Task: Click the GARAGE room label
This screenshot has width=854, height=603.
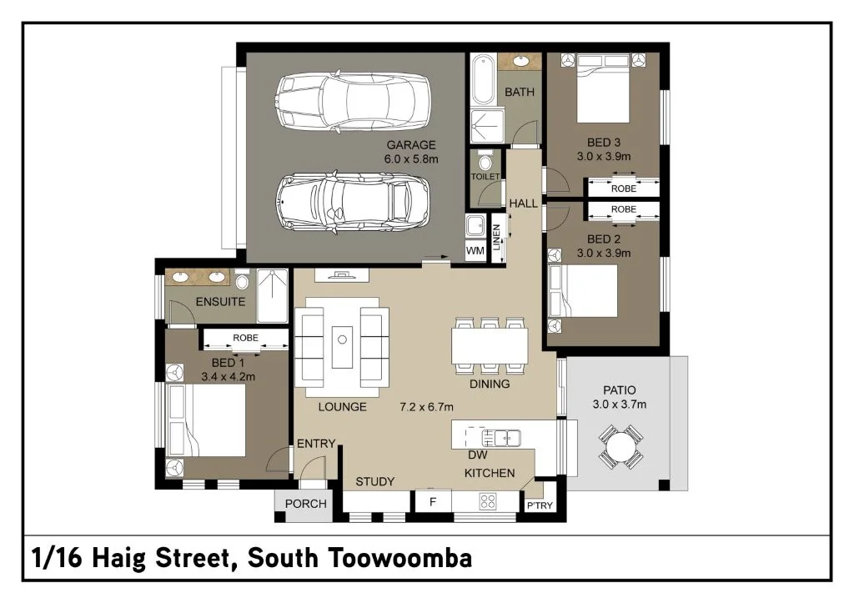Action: (x=411, y=145)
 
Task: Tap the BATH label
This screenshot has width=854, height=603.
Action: (x=519, y=92)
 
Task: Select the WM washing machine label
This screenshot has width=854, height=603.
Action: (x=475, y=250)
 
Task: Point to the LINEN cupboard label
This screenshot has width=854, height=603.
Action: (x=496, y=238)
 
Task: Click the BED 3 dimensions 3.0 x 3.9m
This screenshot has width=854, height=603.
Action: (x=604, y=156)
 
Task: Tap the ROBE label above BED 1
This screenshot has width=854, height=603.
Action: (x=246, y=338)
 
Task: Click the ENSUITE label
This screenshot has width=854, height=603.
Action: (x=220, y=302)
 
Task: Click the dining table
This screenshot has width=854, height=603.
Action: (x=490, y=346)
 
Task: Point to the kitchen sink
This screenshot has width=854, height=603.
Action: (x=501, y=437)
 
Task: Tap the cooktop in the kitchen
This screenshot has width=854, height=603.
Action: (x=487, y=501)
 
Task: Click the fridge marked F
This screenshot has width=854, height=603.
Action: (x=433, y=502)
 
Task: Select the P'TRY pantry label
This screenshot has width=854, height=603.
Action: (x=540, y=505)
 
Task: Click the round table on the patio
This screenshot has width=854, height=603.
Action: (x=620, y=448)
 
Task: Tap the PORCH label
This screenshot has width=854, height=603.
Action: (x=306, y=504)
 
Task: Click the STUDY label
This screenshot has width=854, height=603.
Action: (x=374, y=481)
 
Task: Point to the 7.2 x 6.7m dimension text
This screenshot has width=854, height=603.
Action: (x=426, y=407)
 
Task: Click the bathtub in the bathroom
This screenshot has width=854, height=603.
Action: (x=483, y=79)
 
